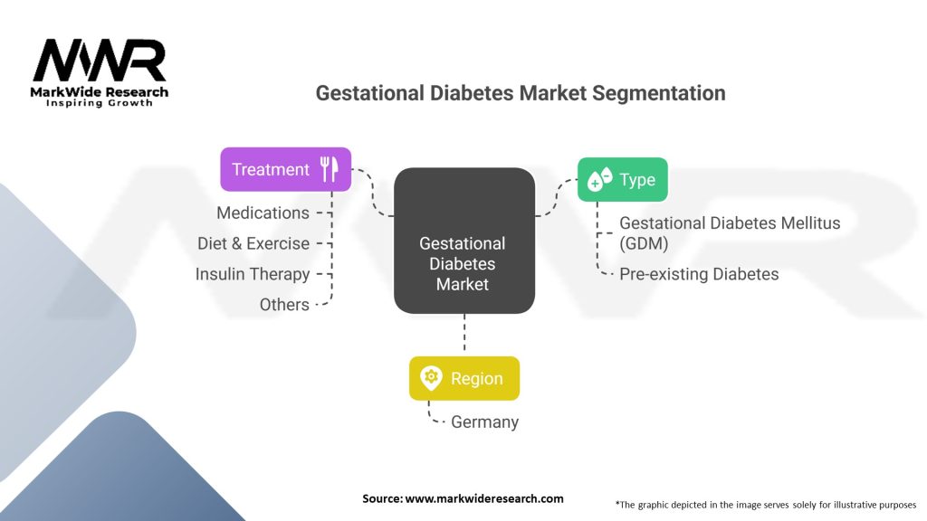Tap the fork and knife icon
[x=329, y=169]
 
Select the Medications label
[x=263, y=213]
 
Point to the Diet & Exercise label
[x=253, y=243]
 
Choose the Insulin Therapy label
[x=253, y=274]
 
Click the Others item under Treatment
[x=284, y=305]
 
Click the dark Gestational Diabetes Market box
[x=463, y=241]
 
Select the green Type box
[x=622, y=180]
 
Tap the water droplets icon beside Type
[x=599, y=180]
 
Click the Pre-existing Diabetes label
[x=699, y=274]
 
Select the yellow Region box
[x=463, y=378]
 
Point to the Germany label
[x=484, y=422]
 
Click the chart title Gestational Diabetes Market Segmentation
[x=520, y=93]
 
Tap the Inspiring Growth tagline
[x=100, y=103]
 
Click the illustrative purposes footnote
[x=765, y=504]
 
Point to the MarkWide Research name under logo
[x=100, y=91]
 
